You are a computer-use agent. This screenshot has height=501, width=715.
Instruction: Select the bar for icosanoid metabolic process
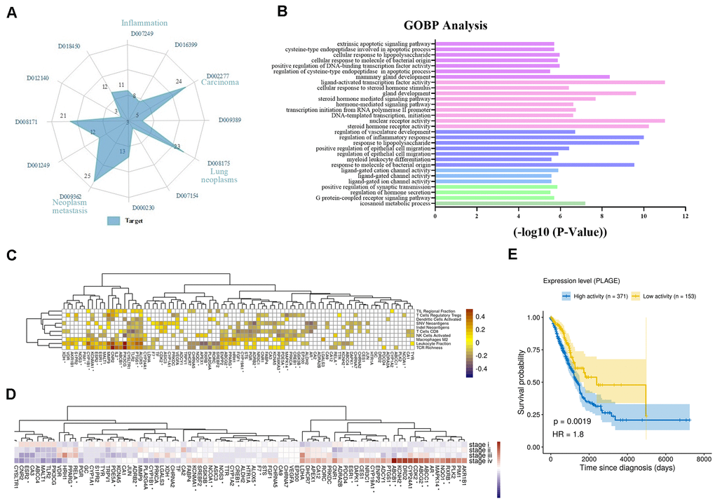point(510,203)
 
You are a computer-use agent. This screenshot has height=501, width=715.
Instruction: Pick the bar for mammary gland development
point(522,76)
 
